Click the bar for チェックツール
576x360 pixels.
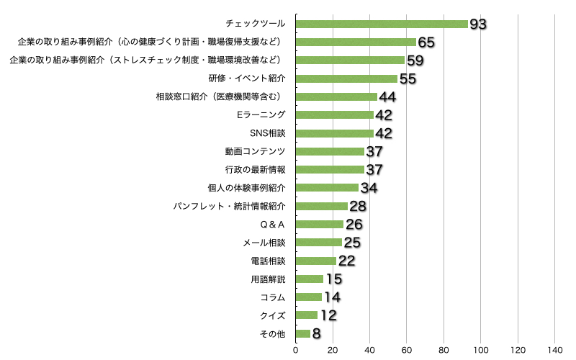382,24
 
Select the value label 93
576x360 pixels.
478,24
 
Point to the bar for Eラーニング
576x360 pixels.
335,115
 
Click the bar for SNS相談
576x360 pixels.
335,133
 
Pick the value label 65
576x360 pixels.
426,42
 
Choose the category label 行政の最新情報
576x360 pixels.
256,170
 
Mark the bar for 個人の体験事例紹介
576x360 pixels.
327,188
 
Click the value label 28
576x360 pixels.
358,207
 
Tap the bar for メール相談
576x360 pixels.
319,243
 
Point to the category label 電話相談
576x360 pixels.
268,261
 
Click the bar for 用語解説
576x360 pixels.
310,279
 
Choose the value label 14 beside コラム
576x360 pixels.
332,297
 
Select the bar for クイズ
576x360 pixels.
307,315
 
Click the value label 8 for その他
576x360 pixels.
316,334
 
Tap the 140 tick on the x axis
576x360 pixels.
554,350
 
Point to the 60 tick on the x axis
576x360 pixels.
407,350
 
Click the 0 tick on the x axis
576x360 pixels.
296,350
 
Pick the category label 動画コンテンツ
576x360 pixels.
256,151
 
